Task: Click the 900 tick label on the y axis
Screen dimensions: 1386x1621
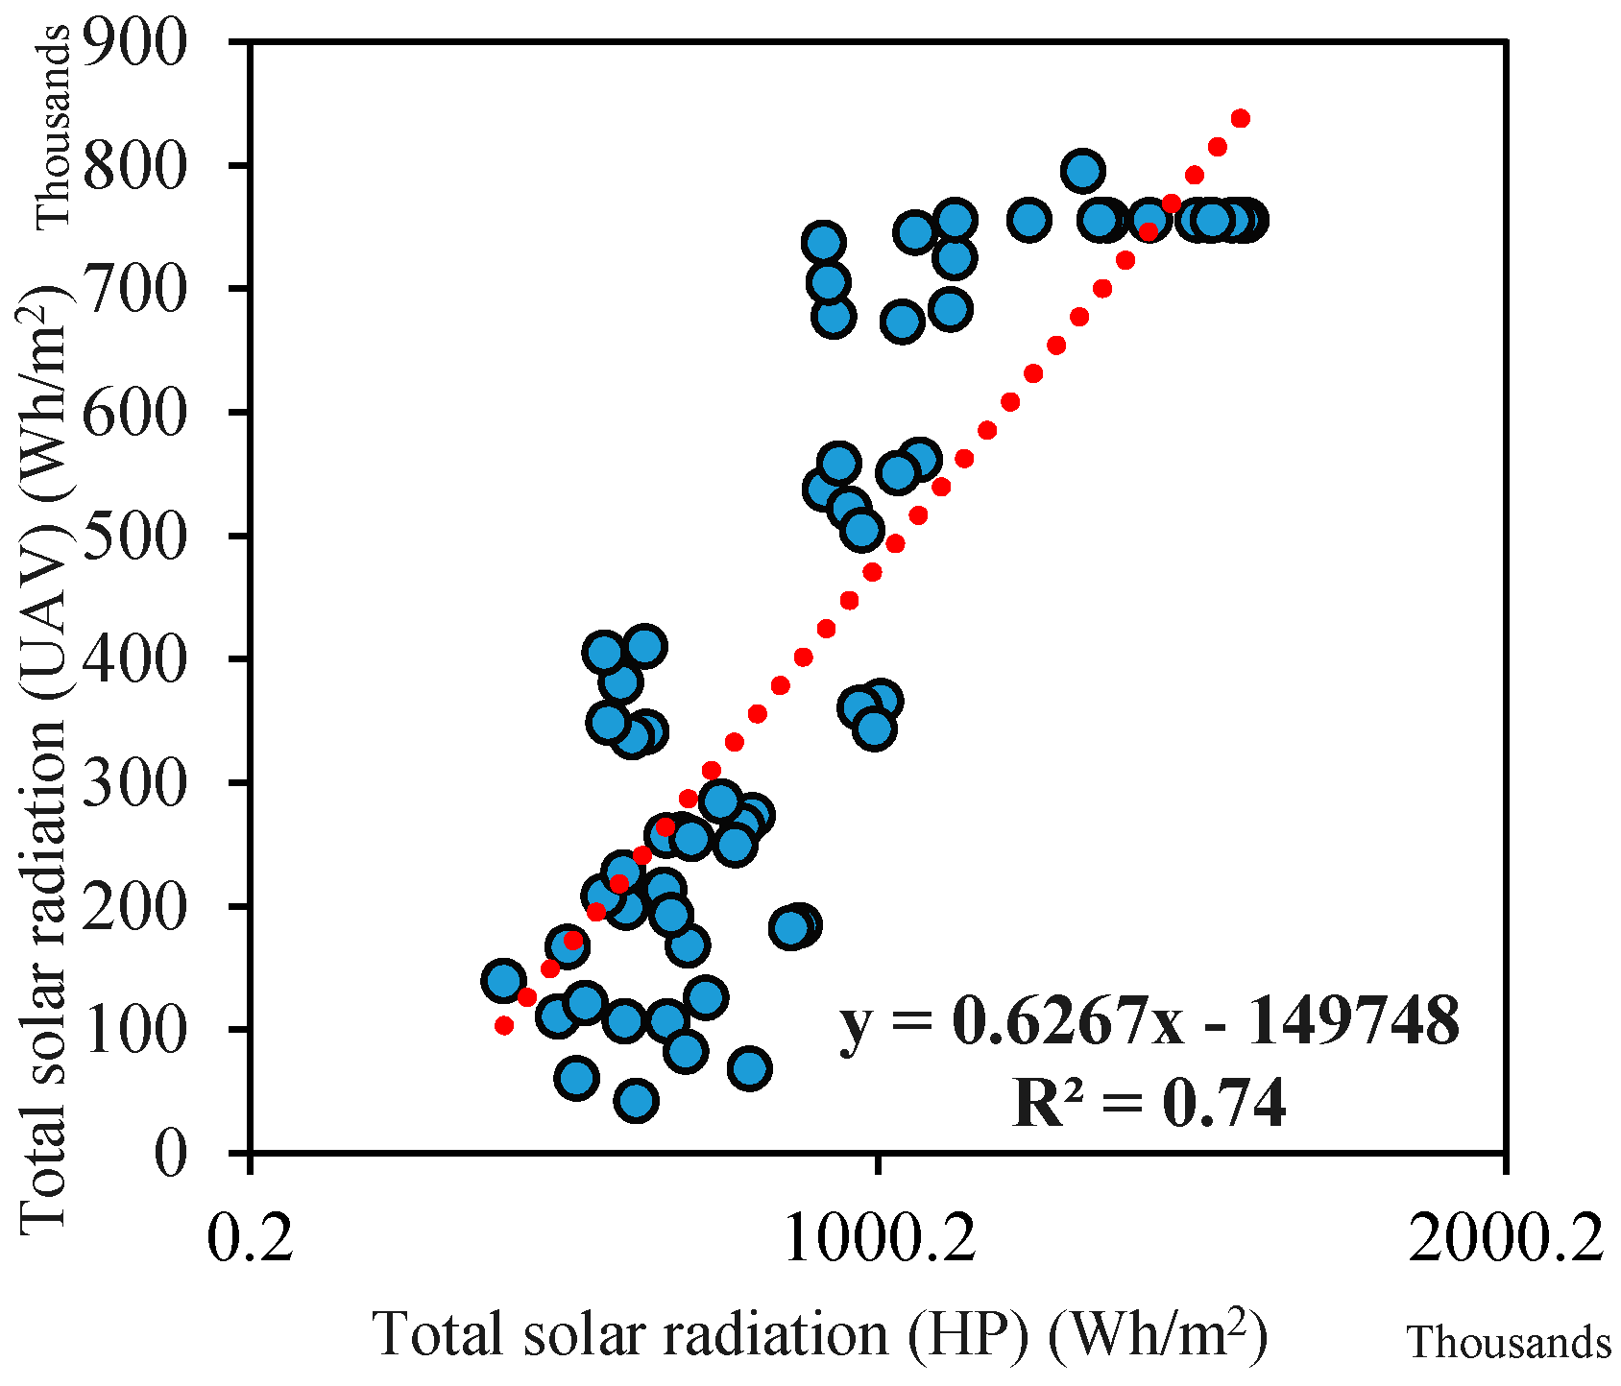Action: pos(133,43)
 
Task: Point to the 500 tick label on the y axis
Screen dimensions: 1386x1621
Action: pos(133,536)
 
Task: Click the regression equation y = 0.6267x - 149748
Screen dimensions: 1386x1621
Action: pos(1149,1020)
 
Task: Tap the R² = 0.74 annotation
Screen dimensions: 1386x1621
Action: pos(1149,1102)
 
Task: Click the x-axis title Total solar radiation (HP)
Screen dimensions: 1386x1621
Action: pos(821,1334)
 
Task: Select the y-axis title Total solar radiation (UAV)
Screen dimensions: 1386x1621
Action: pos(43,758)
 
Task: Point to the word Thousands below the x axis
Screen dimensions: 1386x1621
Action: pos(1509,1342)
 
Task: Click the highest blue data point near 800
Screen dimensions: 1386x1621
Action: pos(1082,171)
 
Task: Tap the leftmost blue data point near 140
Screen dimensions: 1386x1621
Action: pos(504,980)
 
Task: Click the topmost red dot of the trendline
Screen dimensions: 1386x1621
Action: pos(1240,118)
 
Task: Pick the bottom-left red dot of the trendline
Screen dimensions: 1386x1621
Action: pos(504,1025)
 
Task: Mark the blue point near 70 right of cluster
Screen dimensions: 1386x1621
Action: pos(750,1068)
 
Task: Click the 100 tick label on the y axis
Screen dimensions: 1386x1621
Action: pos(133,1029)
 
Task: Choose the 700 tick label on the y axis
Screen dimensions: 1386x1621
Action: pos(133,289)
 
